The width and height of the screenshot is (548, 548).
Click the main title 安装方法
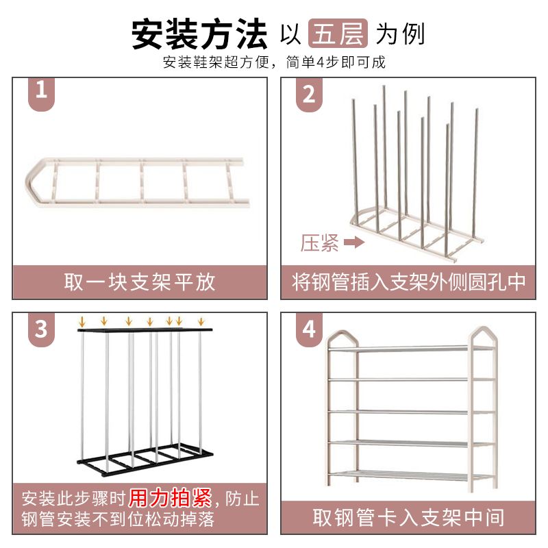pos(199,34)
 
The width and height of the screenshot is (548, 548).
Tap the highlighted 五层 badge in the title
pos(338,33)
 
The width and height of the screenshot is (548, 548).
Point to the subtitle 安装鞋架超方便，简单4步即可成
pos(274,62)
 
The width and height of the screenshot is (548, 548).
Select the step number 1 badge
pos(41,93)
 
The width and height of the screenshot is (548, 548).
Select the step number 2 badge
pos(309,94)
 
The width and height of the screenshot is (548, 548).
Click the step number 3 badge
pos(41,329)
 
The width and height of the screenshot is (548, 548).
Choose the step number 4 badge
pos(309,329)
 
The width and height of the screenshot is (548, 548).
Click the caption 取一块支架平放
pos(140,282)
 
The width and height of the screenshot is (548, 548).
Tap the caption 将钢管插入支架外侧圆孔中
pos(408,282)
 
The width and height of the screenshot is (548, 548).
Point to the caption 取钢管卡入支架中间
pos(408,518)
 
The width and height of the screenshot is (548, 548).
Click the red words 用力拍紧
pos(170,498)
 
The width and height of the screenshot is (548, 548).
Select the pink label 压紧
pos(319,243)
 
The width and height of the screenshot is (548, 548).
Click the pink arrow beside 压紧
pos(354,242)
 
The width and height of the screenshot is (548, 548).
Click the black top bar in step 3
pos(145,329)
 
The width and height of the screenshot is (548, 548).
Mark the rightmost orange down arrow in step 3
pos(201,321)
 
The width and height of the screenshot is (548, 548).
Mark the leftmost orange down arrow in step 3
pos(82,321)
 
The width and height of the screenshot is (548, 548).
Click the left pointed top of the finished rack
pos(342,334)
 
